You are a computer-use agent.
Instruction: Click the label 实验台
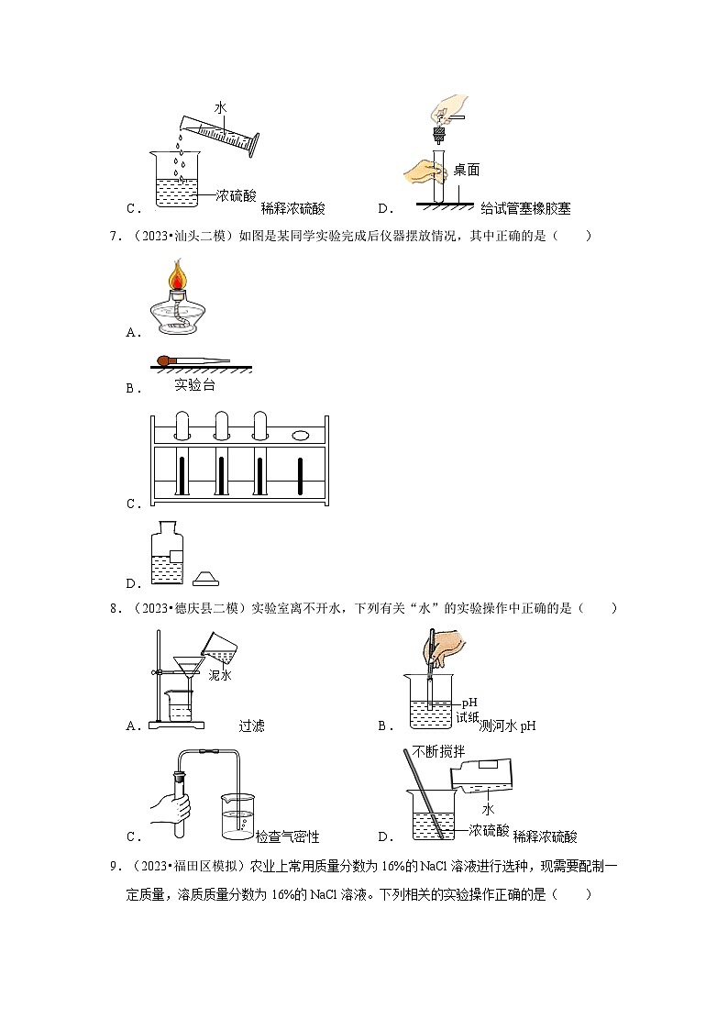(194, 385)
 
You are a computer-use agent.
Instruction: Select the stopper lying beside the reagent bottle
(207, 577)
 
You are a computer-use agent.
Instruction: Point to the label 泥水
(220, 675)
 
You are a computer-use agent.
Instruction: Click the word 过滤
(251, 725)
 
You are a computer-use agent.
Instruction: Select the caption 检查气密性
(287, 836)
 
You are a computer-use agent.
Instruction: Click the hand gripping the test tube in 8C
(171, 807)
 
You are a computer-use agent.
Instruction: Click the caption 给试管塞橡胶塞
(524, 208)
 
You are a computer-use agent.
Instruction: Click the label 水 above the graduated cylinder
(220, 107)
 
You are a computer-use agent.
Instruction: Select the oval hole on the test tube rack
(301, 436)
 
